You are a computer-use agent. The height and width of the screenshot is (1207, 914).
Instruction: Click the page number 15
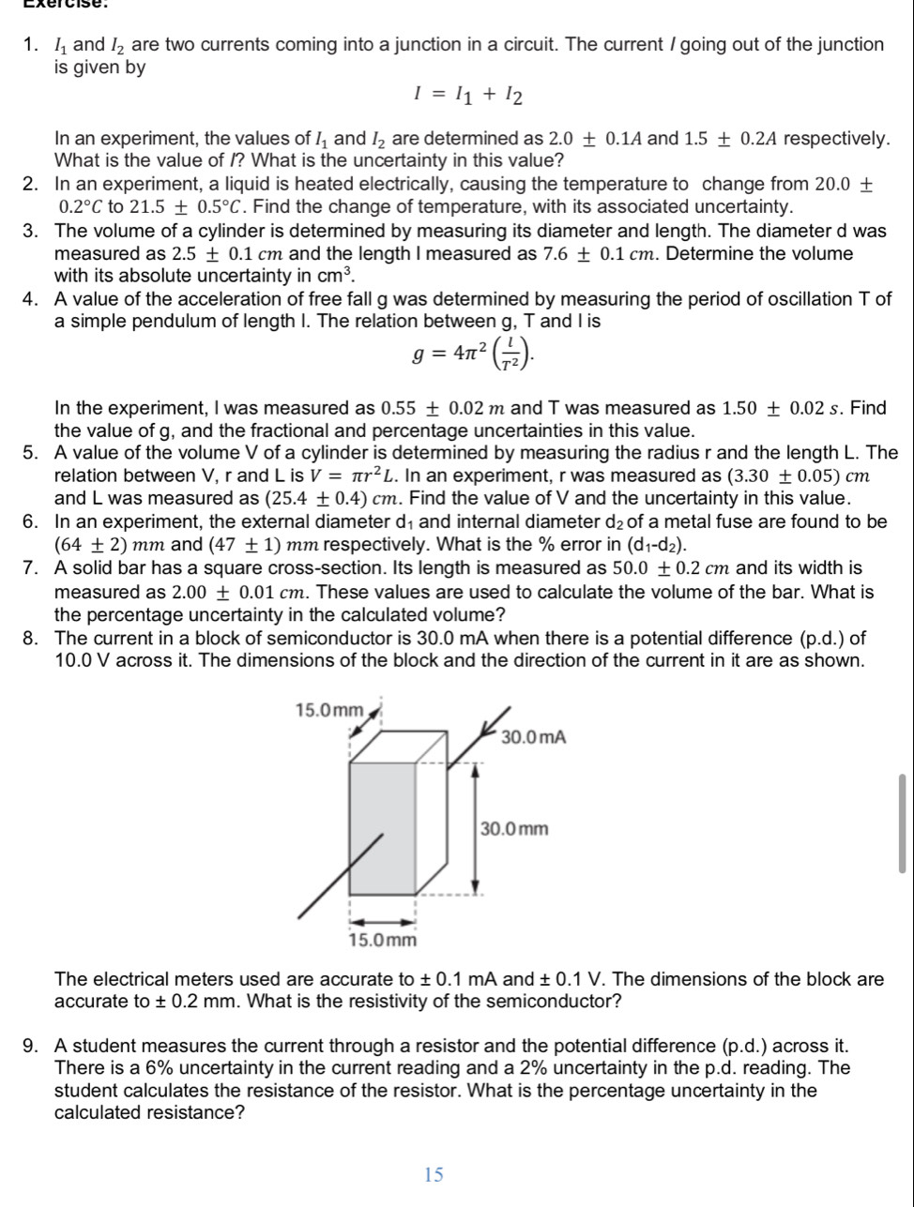[433, 1173]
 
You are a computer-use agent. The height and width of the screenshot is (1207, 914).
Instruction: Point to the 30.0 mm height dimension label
[514, 829]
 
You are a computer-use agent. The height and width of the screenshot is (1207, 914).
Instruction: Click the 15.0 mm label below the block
[382, 939]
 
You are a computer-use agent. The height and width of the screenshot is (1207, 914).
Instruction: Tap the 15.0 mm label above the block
[329, 710]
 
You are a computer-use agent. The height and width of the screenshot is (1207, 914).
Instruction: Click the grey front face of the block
[383, 827]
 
